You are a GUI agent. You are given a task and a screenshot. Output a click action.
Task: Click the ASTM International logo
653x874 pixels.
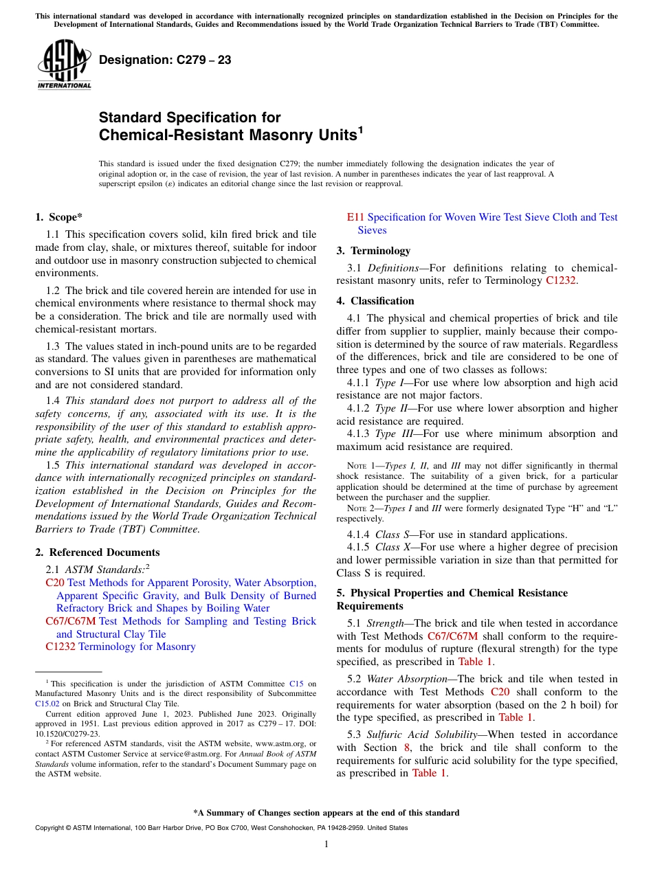(x=64, y=65)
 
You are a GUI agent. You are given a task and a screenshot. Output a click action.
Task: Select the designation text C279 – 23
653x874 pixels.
(x=165, y=60)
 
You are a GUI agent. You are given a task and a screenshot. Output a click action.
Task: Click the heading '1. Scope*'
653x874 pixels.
(x=58, y=217)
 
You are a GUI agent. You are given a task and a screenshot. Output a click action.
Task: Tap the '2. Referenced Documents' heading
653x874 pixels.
(x=97, y=552)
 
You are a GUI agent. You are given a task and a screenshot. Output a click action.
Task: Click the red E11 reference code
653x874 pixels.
(x=355, y=217)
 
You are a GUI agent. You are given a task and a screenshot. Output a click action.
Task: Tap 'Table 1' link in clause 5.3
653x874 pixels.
(x=429, y=773)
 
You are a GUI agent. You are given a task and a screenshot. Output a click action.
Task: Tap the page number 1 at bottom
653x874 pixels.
(x=326, y=844)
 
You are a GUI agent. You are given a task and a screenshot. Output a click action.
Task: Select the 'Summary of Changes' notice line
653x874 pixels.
(x=326, y=813)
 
